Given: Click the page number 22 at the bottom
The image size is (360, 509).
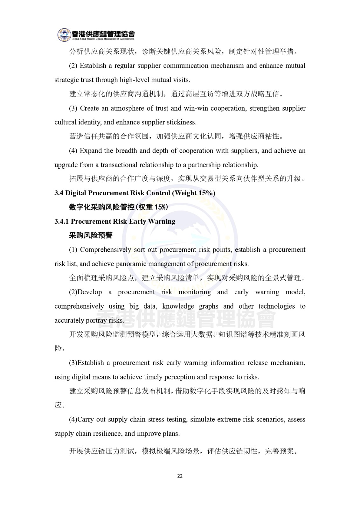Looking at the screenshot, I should (180, 476).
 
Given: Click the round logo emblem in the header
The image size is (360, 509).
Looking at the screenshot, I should (64, 35).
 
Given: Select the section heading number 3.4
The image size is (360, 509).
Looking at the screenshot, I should (59, 193).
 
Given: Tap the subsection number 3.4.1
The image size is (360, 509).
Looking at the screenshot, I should (62, 221).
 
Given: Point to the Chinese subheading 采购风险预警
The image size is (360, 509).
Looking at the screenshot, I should (91, 235).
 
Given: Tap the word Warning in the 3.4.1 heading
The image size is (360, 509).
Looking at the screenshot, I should (162, 221).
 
